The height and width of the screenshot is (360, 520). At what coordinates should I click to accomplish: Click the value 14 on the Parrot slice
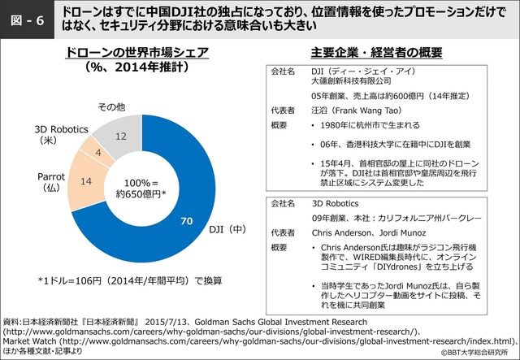86,184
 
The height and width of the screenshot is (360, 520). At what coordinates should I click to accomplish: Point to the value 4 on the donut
98,152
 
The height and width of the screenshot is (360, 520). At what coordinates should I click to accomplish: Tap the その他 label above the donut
111,107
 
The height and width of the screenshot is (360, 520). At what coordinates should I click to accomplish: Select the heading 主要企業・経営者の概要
376,53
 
